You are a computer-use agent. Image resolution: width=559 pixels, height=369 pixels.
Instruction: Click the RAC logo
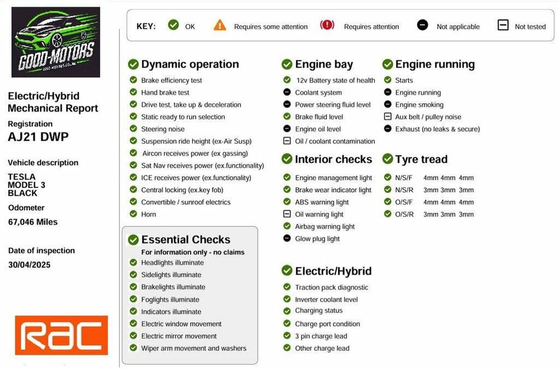click(x=61, y=335)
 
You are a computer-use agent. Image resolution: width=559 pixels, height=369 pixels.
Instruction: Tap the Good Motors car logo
click(x=56, y=42)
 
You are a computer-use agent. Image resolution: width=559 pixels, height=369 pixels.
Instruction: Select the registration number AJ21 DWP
click(x=38, y=137)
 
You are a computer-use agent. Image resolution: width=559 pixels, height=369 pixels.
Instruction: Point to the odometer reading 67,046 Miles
click(x=33, y=222)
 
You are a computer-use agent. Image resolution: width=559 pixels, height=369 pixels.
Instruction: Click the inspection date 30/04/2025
click(x=30, y=265)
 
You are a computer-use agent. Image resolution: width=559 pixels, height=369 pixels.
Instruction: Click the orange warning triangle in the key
click(x=220, y=26)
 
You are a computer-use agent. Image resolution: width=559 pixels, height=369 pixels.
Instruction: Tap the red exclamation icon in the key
click(x=327, y=25)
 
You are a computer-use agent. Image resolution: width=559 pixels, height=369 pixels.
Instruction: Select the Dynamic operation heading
click(x=190, y=64)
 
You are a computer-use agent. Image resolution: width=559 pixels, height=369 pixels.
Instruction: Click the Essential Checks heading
click(x=186, y=239)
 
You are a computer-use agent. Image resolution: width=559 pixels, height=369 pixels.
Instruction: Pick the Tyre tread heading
click(x=421, y=159)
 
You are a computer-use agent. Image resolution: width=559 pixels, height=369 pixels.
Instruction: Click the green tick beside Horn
click(x=133, y=214)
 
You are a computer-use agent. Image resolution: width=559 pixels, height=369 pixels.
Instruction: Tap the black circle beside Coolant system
click(x=287, y=92)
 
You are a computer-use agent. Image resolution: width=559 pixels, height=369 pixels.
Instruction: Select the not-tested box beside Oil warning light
click(x=287, y=214)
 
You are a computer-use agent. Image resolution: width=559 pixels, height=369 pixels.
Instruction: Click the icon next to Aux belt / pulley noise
click(x=387, y=116)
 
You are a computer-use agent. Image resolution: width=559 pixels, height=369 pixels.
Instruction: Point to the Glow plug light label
click(x=317, y=239)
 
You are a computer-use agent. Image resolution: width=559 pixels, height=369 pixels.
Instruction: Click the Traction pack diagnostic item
click(x=332, y=287)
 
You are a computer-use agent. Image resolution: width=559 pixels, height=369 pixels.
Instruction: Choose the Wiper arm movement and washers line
click(x=194, y=348)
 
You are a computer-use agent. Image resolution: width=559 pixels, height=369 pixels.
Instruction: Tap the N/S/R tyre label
click(x=404, y=190)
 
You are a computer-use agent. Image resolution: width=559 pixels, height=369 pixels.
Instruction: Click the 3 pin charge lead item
click(x=321, y=336)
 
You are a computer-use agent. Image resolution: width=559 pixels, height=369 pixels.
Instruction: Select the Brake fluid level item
click(x=319, y=117)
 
